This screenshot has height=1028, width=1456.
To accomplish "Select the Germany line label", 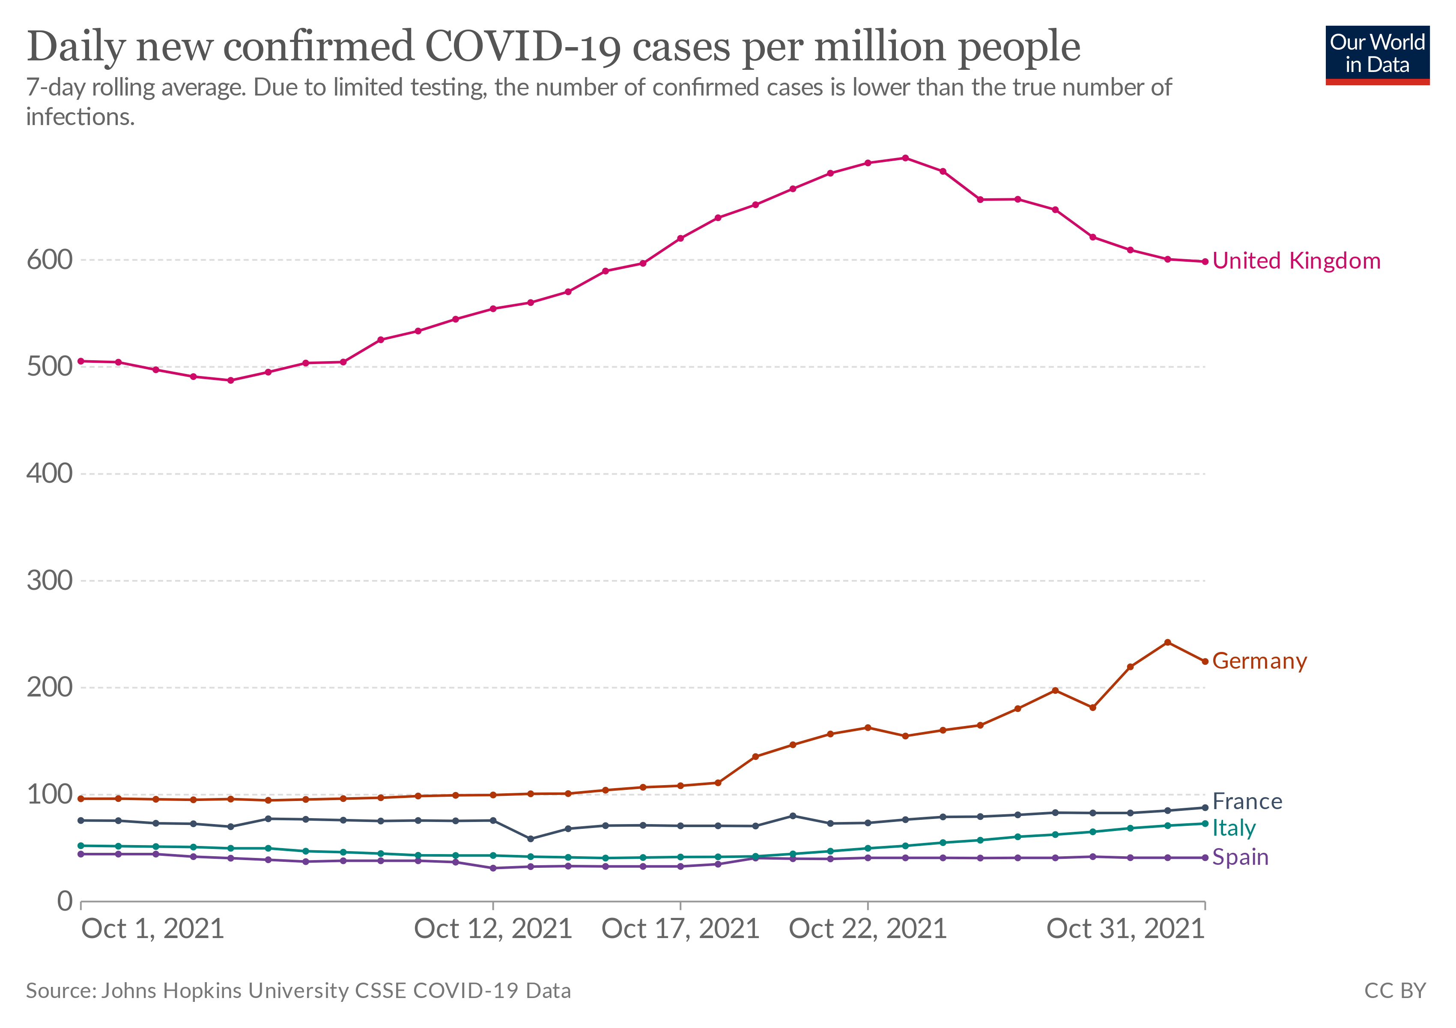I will (1259, 661).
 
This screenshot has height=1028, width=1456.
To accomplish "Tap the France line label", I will (1247, 801).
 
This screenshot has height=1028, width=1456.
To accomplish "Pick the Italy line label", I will (1233, 828).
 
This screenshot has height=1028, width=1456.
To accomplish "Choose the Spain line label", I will (1240, 857).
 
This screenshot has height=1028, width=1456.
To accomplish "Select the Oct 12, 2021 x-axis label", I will (493, 929).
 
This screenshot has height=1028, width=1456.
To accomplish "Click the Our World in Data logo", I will (1377, 54).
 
